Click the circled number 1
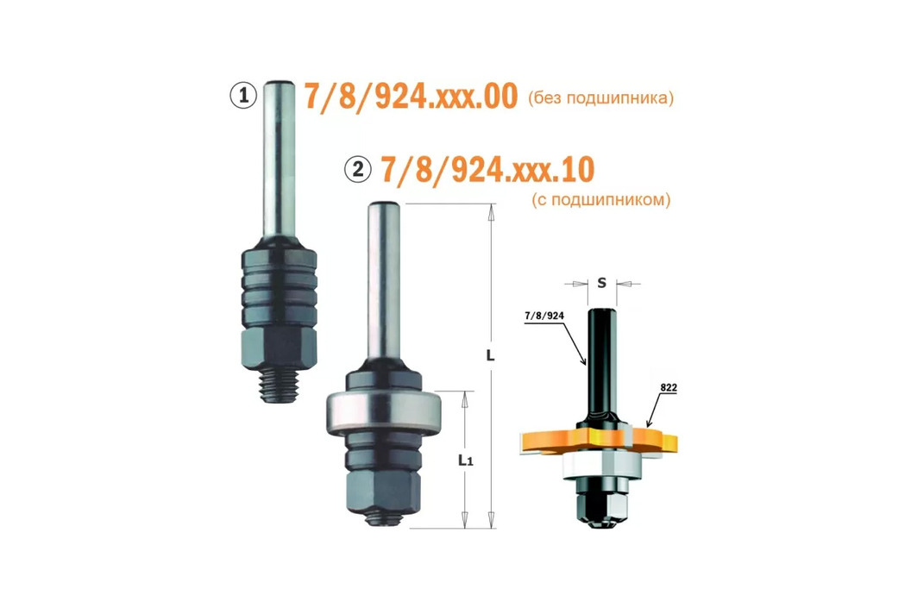click(243, 95)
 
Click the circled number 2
click(358, 169)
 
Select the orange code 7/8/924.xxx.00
click(411, 96)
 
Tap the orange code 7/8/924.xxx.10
click(487, 170)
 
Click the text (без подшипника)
click(600, 97)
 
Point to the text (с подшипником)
click(600, 200)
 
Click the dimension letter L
click(490, 354)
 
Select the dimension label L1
click(466, 460)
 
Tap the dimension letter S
click(602, 283)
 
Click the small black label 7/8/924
click(544, 316)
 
